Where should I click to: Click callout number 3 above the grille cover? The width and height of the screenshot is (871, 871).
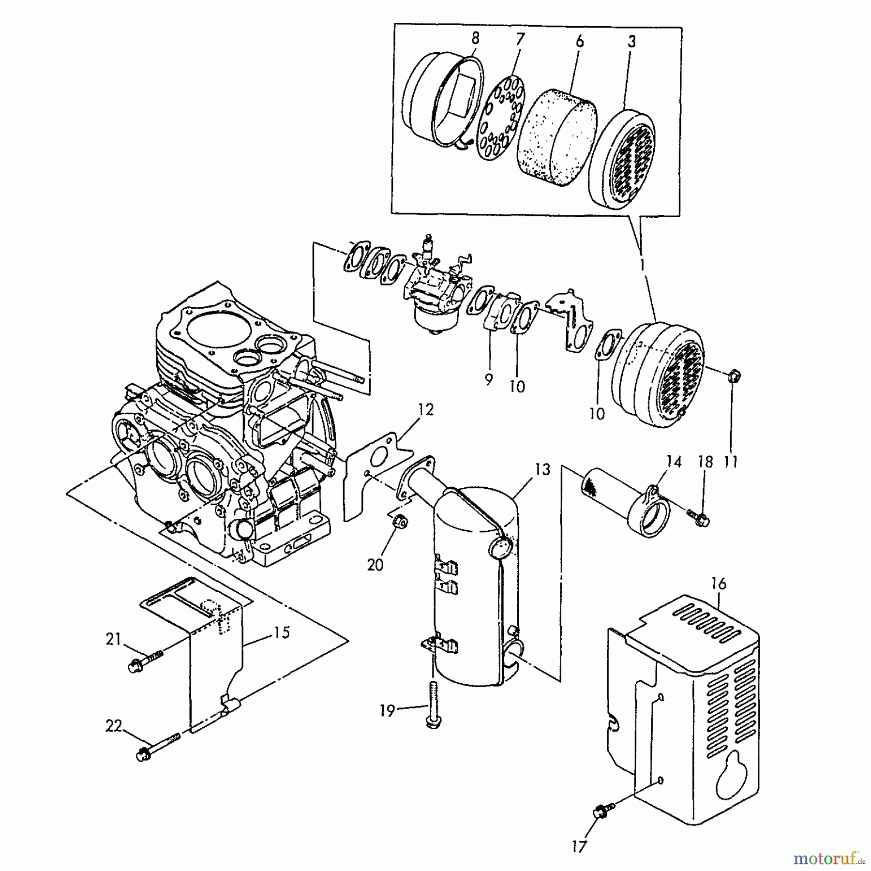(631, 42)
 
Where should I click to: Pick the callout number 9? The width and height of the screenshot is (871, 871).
(488, 380)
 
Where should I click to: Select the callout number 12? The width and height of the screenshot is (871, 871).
(426, 409)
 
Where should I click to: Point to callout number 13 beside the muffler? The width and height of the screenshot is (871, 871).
(543, 469)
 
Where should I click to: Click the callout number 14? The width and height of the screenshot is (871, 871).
(673, 462)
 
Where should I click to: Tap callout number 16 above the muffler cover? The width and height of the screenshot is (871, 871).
(719, 584)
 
